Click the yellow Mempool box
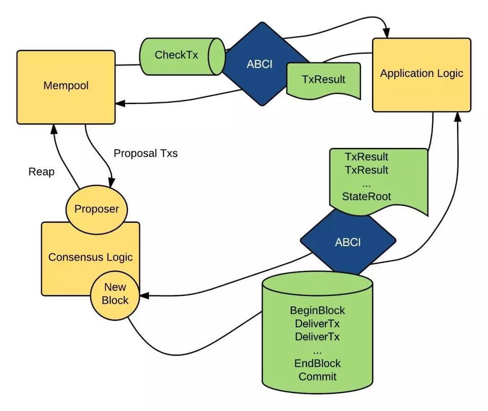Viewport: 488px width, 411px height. pos(66,86)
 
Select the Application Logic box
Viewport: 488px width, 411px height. pos(421,74)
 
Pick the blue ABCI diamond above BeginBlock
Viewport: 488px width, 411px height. pos(348,242)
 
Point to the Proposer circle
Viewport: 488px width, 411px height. pos(97,209)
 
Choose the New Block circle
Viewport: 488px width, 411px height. pos(115,294)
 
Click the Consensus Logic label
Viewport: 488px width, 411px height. pos(90,257)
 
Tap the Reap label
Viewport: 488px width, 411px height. pos(41,172)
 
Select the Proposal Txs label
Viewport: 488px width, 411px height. pos(145,153)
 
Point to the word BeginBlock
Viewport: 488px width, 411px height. pos(317,310)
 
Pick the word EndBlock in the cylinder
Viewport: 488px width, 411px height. pos(317,363)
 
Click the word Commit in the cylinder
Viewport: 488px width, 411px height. pos(317,376)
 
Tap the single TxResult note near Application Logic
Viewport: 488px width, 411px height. pos(323,80)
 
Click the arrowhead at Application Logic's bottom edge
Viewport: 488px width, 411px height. pos(458,115)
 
